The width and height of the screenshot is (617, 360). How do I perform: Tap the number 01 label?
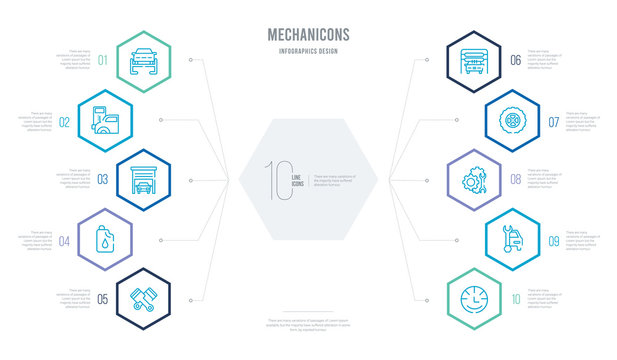102,58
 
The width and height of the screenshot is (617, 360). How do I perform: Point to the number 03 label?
102,181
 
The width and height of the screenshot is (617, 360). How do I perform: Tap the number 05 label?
102,299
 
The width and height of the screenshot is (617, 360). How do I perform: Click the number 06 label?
515,60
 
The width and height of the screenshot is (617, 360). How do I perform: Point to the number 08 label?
515,181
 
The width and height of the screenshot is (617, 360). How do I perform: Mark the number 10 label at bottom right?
515,299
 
